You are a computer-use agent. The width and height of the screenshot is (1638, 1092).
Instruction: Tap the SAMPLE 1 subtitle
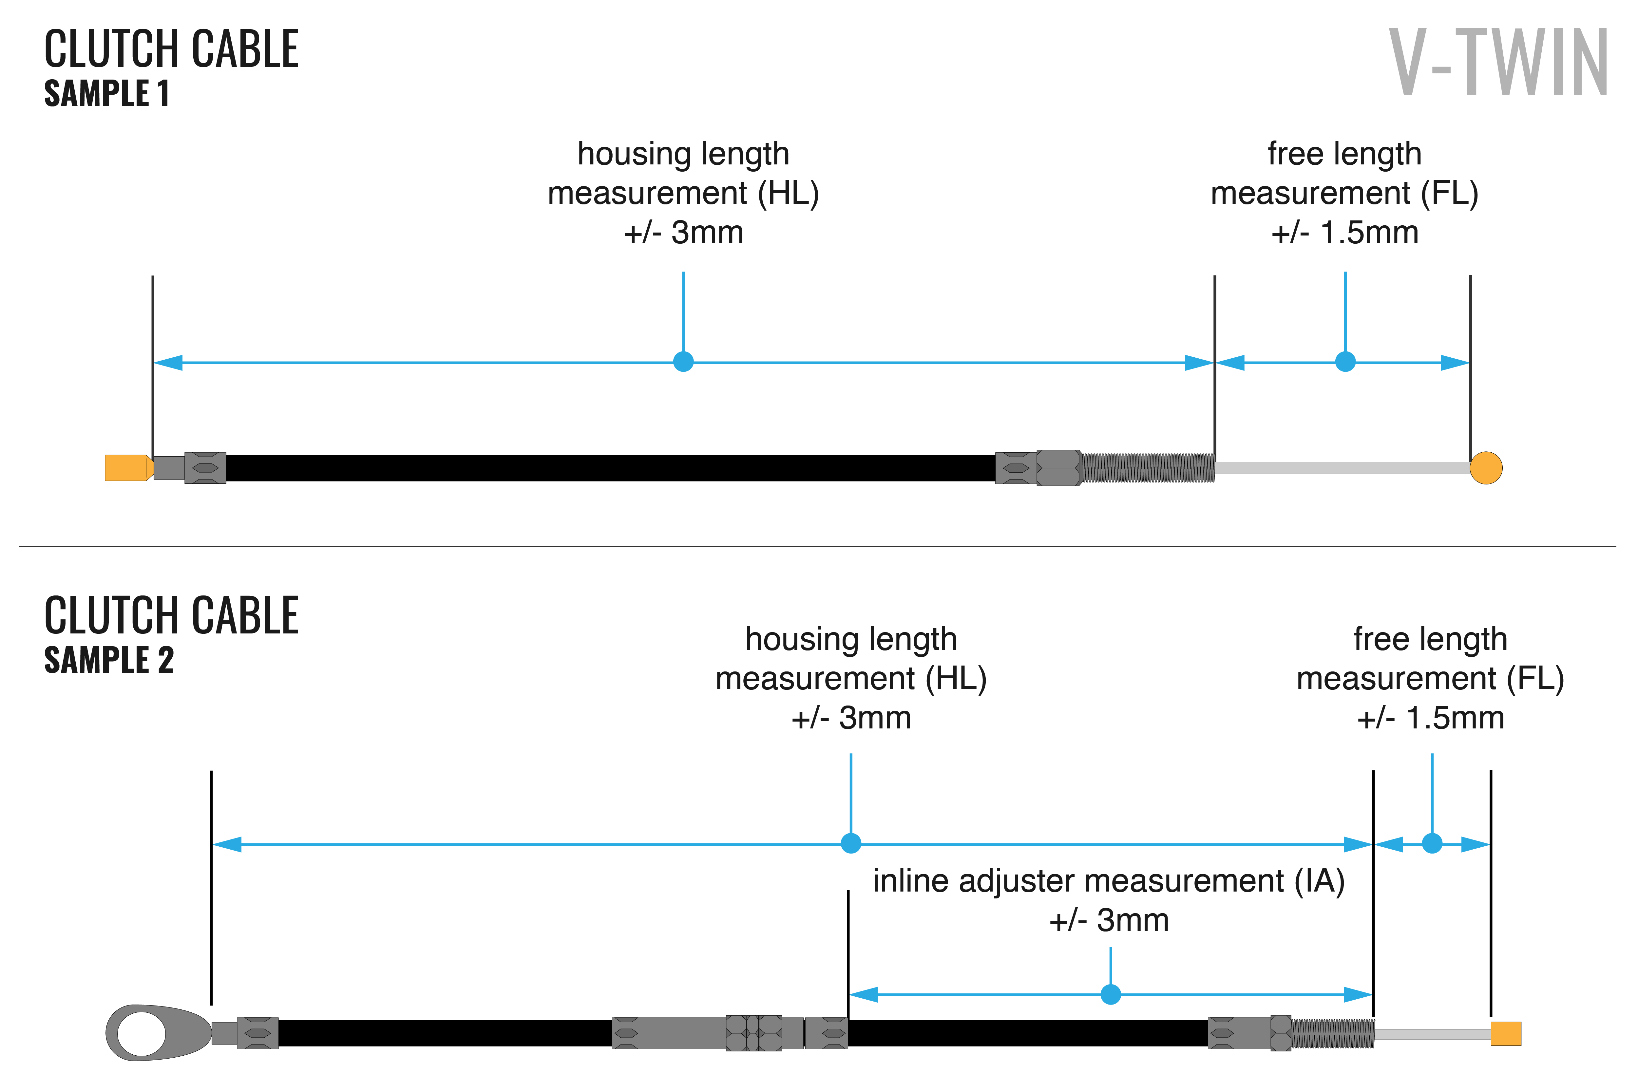(x=106, y=93)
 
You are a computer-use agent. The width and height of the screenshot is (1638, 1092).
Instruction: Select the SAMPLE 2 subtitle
(x=109, y=660)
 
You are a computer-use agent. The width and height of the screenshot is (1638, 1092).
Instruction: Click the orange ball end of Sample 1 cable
(x=1486, y=468)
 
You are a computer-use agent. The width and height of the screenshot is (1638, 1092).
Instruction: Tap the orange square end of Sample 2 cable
(x=1506, y=1033)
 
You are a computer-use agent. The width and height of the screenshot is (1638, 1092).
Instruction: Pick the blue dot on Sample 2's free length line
(x=1432, y=843)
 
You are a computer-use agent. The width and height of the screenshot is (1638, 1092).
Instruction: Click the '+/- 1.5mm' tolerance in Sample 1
(x=1345, y=233)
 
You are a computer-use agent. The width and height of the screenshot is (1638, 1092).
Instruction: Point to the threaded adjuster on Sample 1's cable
(x=1148, y=468)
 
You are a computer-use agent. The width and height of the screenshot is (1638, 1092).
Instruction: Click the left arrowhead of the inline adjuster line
(x=864, y=994)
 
